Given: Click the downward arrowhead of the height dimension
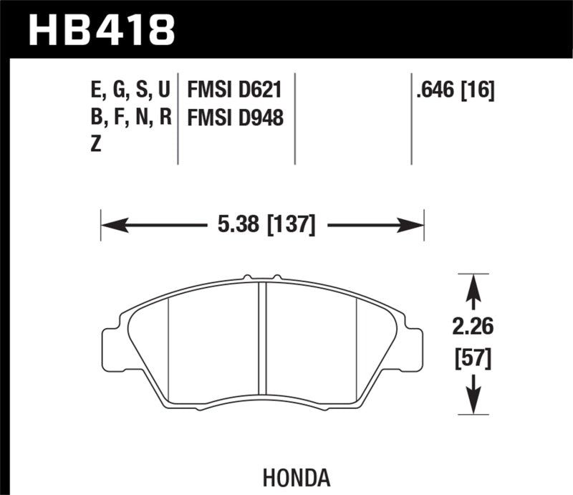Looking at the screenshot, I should (472, 407).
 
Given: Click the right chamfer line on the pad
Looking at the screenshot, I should (357, 344).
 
